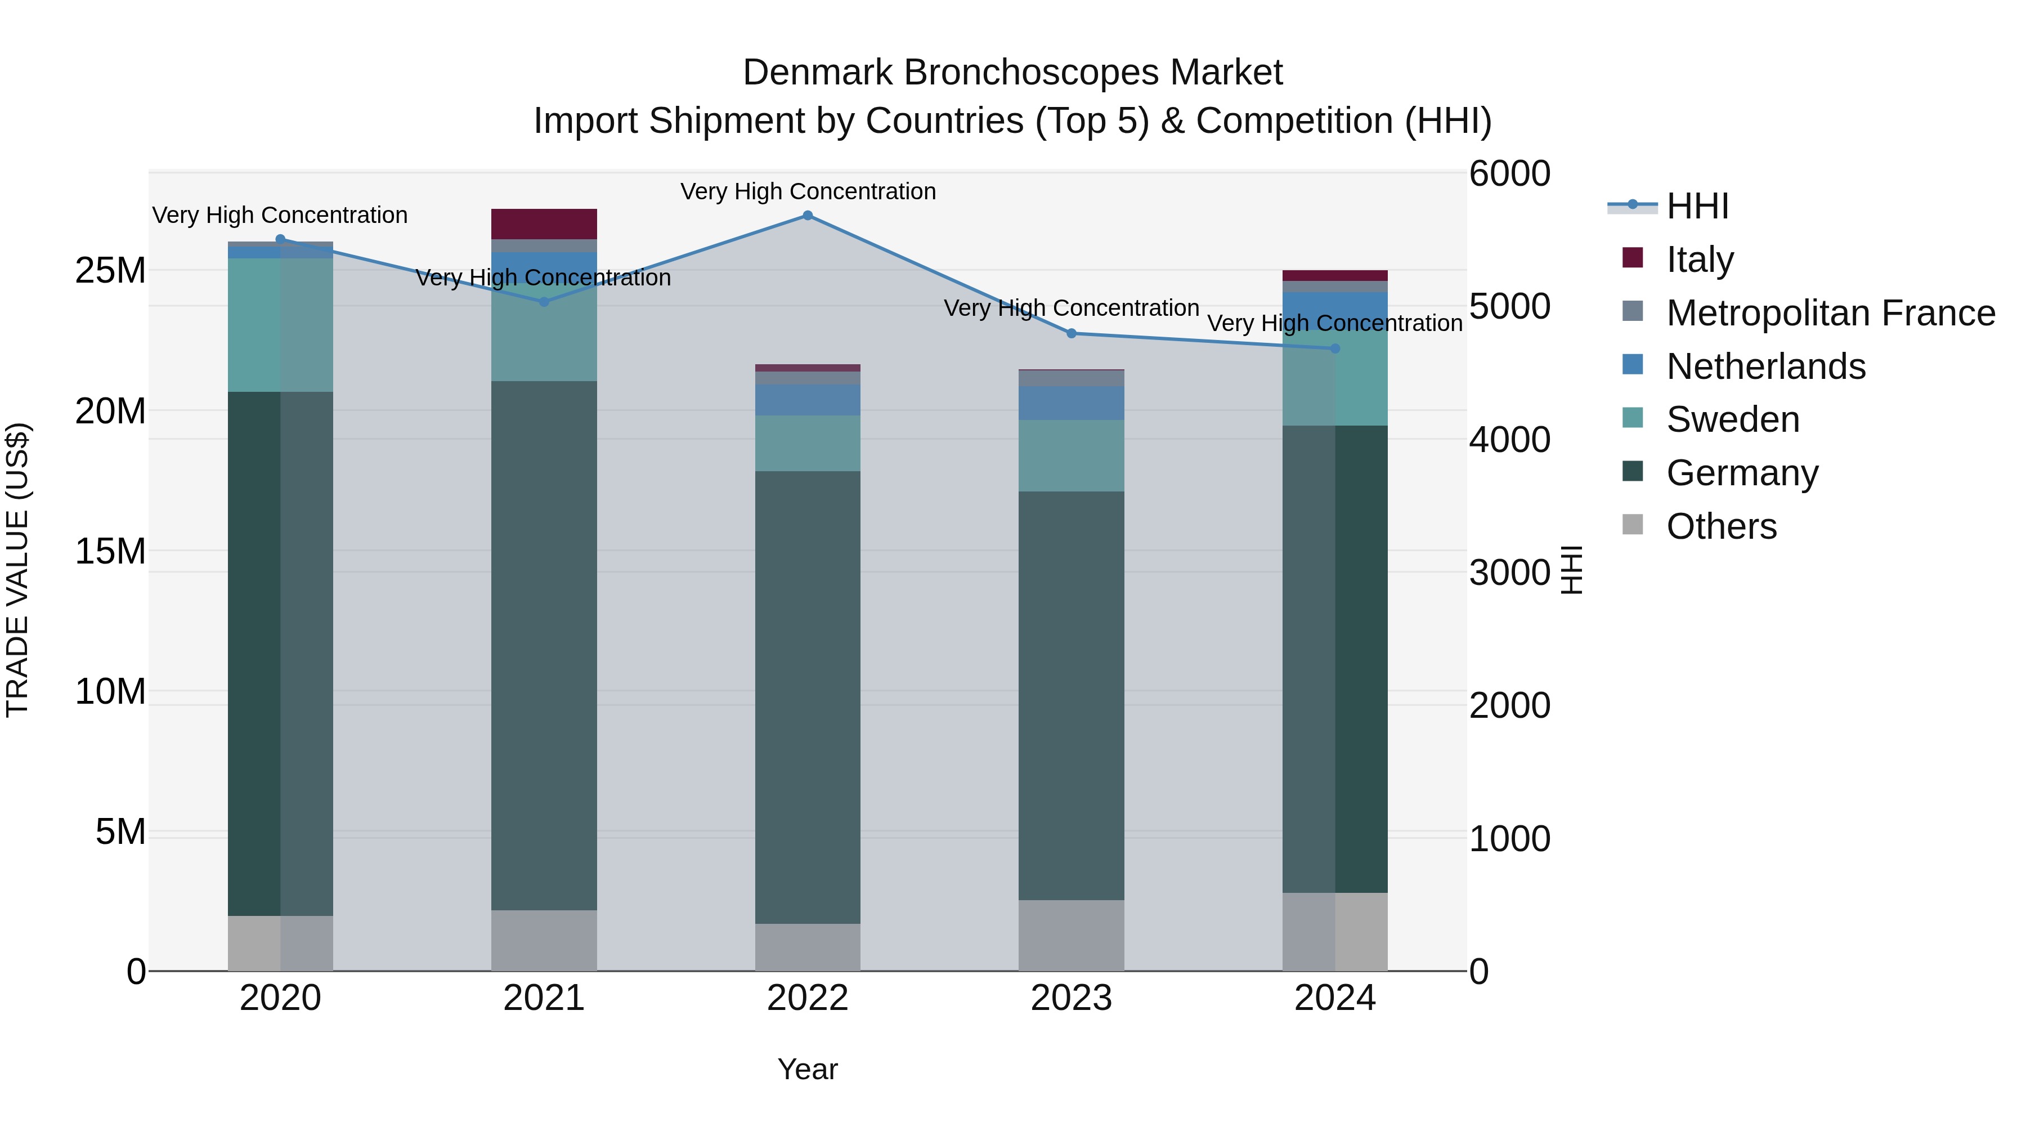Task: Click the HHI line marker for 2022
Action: pyautogui.click(x=808, y=215)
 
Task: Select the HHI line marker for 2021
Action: pyautogui.click(x=544, y=301)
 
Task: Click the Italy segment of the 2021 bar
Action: pyautogui.click(x=544, y=223)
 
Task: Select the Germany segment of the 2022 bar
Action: pyautogui.click(x=808, y=696)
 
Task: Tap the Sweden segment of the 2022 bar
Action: pyautogui.click(x=808, y=443)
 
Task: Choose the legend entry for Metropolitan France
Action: pyautogui.click(x=1830, y=312)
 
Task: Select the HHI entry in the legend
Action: pyautogui.click(x=1697, y=206)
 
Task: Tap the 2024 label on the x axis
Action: pyautogui.click(x=1335, y=998)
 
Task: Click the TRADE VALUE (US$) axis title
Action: pyautogui.click(x=18, y=570)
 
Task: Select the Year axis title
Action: pyautogui.click(x=808, y=1069)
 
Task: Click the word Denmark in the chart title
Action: pyautogui.click(x=817, y=73)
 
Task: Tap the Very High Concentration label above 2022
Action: pyautogui.click(x=808, y=191)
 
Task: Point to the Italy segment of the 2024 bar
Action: pyautogui.click(x=1335, y=275)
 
